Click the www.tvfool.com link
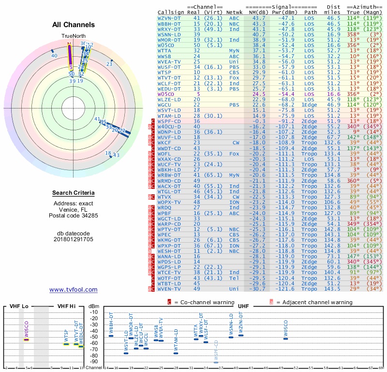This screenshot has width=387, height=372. [x=73, y=290]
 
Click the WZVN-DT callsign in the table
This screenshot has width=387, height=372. [x=170, y=17]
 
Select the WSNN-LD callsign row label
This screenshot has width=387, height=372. [x=170, y=34]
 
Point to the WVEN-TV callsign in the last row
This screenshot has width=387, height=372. [x=170, y=289]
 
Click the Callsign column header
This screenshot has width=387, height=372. [x=170, y=12]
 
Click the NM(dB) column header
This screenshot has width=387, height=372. [x=256, y=12]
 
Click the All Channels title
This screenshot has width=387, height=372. [x=73, y=25]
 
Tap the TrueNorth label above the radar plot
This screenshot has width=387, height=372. [x=73, y=36]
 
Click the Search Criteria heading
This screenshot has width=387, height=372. [x=73, y=193]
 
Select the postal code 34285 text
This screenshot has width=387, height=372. [x=73, y=216]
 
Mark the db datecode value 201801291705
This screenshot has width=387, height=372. [x=73, y=239]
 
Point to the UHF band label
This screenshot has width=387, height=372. [x=243, y=306]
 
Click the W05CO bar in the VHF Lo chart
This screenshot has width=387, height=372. [x=27, y=340]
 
